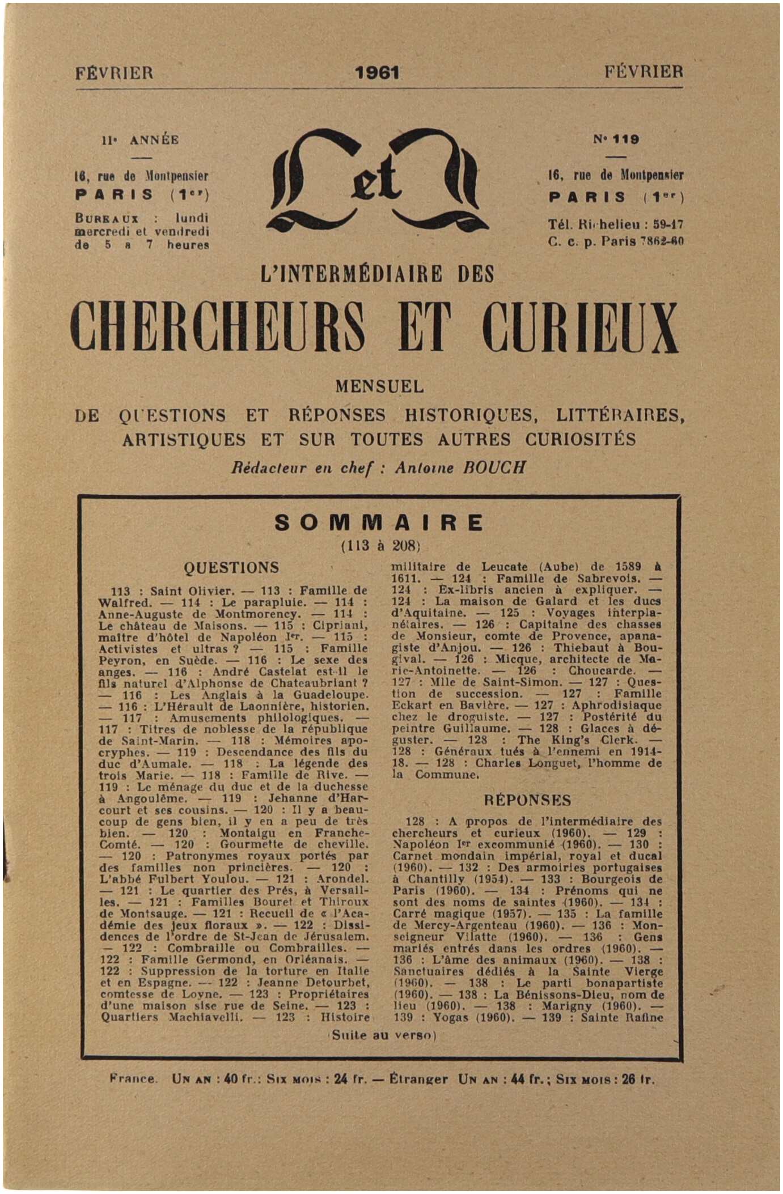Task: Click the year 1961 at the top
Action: point(378,73)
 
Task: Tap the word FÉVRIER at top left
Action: point(114,73)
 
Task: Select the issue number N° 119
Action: point(616,139)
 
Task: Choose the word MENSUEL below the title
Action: point(379,387)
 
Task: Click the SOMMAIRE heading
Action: point(379,522)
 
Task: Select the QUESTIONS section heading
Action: point(231,567)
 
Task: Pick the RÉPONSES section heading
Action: point(527,800)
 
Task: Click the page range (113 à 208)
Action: point(380,546)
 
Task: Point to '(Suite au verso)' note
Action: point(382,1035)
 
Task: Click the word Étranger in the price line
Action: point(418,1079)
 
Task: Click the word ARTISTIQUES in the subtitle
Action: point(184,440)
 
